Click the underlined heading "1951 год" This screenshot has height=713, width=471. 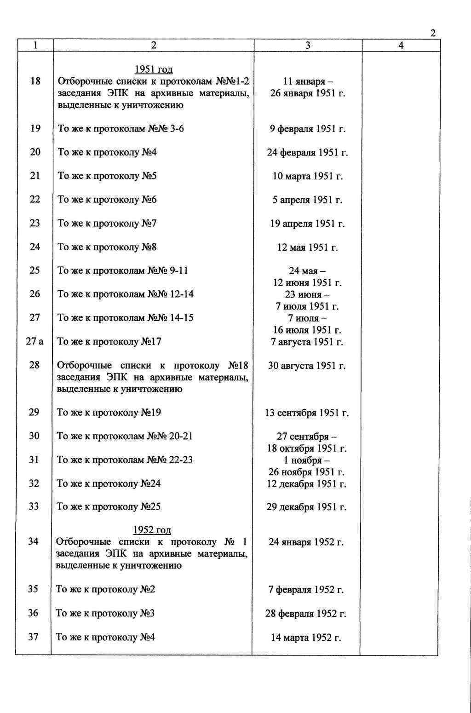153,69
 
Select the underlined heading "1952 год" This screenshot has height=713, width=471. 152,530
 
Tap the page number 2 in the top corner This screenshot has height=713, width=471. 433,33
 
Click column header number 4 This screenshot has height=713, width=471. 401,45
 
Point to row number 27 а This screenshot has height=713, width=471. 34,341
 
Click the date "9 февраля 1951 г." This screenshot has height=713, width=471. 307,129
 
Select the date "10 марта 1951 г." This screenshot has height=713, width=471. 308,176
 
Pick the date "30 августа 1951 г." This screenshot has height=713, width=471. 307,366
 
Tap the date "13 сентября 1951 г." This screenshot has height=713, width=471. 307,413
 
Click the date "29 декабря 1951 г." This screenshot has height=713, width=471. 306,507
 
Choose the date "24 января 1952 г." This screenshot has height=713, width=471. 306,542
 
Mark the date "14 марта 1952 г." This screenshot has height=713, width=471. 306,638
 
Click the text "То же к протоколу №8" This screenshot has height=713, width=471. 107,247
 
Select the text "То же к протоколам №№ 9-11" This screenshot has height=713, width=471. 122,270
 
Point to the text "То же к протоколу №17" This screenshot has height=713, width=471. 109,342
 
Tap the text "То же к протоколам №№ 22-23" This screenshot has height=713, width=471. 124,460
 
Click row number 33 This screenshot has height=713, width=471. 34,506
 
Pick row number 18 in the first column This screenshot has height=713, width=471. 35,81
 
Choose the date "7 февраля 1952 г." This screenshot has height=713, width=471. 306,590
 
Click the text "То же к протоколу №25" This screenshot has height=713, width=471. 109,506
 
